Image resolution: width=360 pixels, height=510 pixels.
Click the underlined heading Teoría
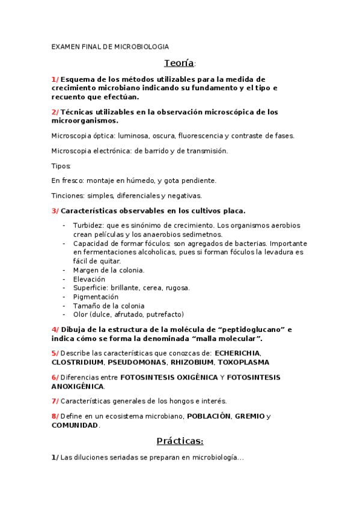[x=178, y=63]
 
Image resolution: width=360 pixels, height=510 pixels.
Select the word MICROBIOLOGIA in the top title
[x=141, y=47]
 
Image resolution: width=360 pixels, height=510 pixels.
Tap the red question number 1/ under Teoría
[x=55, y=79]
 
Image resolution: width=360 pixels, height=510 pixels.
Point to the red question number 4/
[x=55, y=330]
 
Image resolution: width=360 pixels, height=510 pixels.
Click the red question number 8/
[x=55, y=416]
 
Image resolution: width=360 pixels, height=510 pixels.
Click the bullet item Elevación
[x=89, y=279]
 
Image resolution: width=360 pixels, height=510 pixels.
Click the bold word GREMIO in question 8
[x=249, y=416]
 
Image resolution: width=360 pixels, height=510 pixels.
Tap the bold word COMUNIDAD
[x=75, y=425]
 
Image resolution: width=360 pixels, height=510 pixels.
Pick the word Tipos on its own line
[x=61, y=165]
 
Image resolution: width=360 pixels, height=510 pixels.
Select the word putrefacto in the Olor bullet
[x=162, y=315]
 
